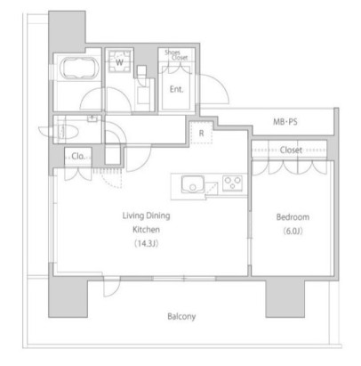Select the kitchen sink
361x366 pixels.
pos(193,184)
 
